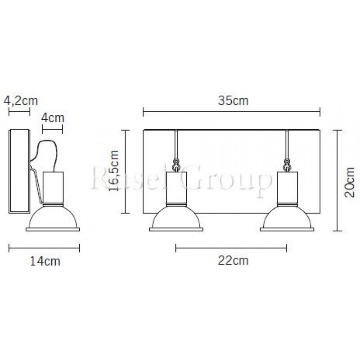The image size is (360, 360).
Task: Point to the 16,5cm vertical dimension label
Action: [114, 171]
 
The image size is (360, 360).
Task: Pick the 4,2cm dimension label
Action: [20, 100]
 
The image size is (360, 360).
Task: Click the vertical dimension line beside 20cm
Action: [338, 180]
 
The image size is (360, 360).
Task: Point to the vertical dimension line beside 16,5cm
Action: [126, 171]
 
